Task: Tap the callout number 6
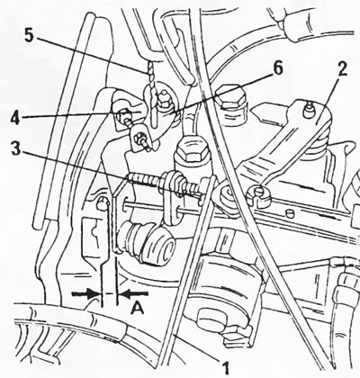pos(276,69)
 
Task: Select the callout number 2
pos(342,69)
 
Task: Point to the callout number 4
pos(16,118)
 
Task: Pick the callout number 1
pos(226,368)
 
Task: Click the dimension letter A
pos(138,308)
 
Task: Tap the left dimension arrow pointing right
pos(85,294)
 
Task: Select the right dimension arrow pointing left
pos(133,294)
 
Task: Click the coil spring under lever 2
pos(316,141)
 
